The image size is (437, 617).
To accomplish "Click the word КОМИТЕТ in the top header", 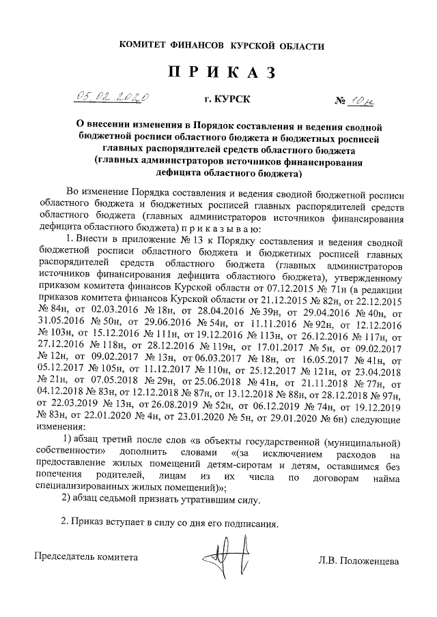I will tap(145, 45).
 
